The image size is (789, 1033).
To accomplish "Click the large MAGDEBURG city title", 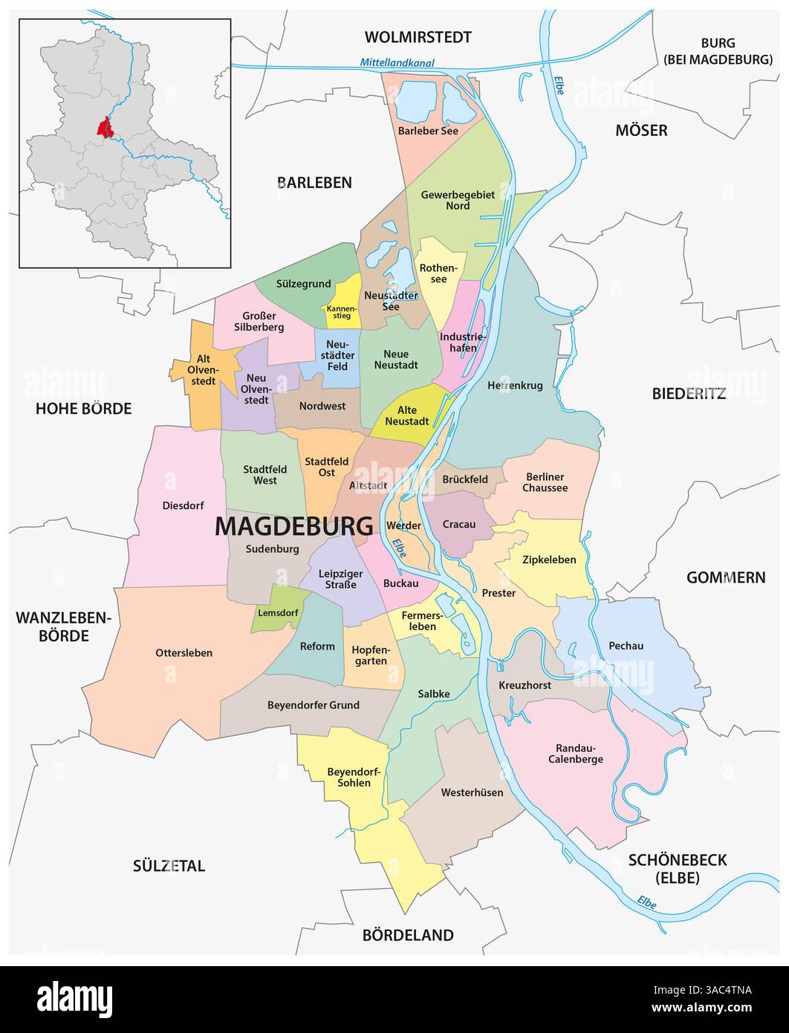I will click(293, 526).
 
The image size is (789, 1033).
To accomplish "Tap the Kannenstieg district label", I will click(341, 311).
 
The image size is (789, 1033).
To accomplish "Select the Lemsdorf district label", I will click(277, 613).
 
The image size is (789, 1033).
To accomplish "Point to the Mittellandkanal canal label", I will click(397, 63).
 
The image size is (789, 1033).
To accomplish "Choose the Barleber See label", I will click(428, 130).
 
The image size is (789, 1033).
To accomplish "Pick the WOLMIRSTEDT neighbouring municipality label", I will click(418, 37).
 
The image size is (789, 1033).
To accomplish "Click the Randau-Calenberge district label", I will click(575, 754).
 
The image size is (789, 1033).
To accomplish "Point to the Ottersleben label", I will click(184, 652).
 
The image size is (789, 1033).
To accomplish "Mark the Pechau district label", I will click(626, 646).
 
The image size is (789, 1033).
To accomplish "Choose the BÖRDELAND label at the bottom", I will click(407, 935).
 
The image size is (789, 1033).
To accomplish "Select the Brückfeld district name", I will click(464, 480).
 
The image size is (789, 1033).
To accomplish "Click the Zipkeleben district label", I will click(549, 560).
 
